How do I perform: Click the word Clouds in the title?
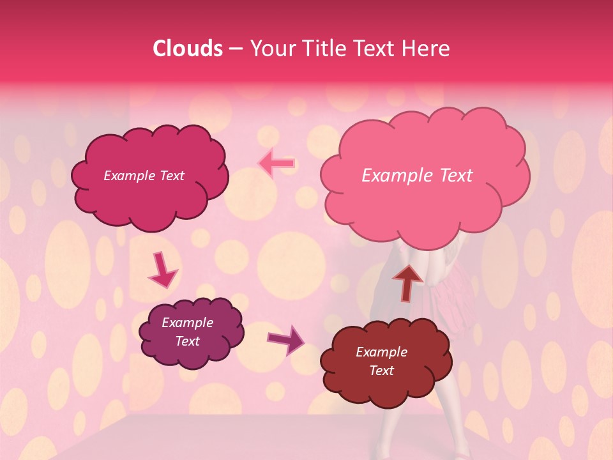pyautogui.click(x=188, y=49)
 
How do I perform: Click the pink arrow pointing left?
pyautogui.click(x=276, y=164)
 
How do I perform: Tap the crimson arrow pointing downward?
pyautogui.click(x=163, y=270)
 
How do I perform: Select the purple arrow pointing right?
pyautogui.click(x=285, y=339)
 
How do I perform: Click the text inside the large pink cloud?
pyautogui.click(x=417, y=176)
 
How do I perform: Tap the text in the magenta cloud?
pyautogui.click(x=144, y=176)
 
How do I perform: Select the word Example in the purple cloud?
pyautogui.click(x=187, y=323)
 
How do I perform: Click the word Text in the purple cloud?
pyautogui.click(x=187, y=341)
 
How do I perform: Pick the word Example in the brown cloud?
pyautogui.click(x=381, y=352)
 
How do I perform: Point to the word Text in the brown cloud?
pyautogui.click(x=381, y=371)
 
